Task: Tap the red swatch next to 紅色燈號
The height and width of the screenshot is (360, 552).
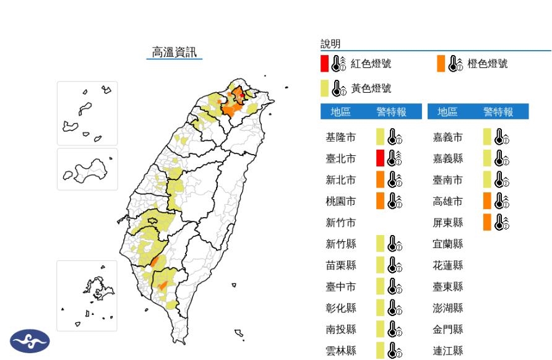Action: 324,63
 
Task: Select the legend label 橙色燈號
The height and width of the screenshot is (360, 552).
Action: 488,63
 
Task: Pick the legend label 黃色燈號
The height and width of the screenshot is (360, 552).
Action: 371,88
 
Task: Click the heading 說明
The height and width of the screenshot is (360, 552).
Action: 330,43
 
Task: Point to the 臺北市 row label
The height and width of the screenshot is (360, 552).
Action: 340,159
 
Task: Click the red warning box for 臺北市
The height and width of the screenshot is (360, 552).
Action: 380,158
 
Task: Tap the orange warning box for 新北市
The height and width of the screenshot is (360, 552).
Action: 380,180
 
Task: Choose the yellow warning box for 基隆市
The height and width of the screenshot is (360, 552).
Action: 380,137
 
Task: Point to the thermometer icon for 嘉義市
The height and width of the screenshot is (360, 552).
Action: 502,137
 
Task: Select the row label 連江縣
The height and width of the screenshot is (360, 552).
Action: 447,351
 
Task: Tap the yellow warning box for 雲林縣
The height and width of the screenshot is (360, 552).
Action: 380,350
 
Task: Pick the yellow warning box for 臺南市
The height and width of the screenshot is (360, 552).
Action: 487,180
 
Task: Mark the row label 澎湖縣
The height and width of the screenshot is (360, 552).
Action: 447,308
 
